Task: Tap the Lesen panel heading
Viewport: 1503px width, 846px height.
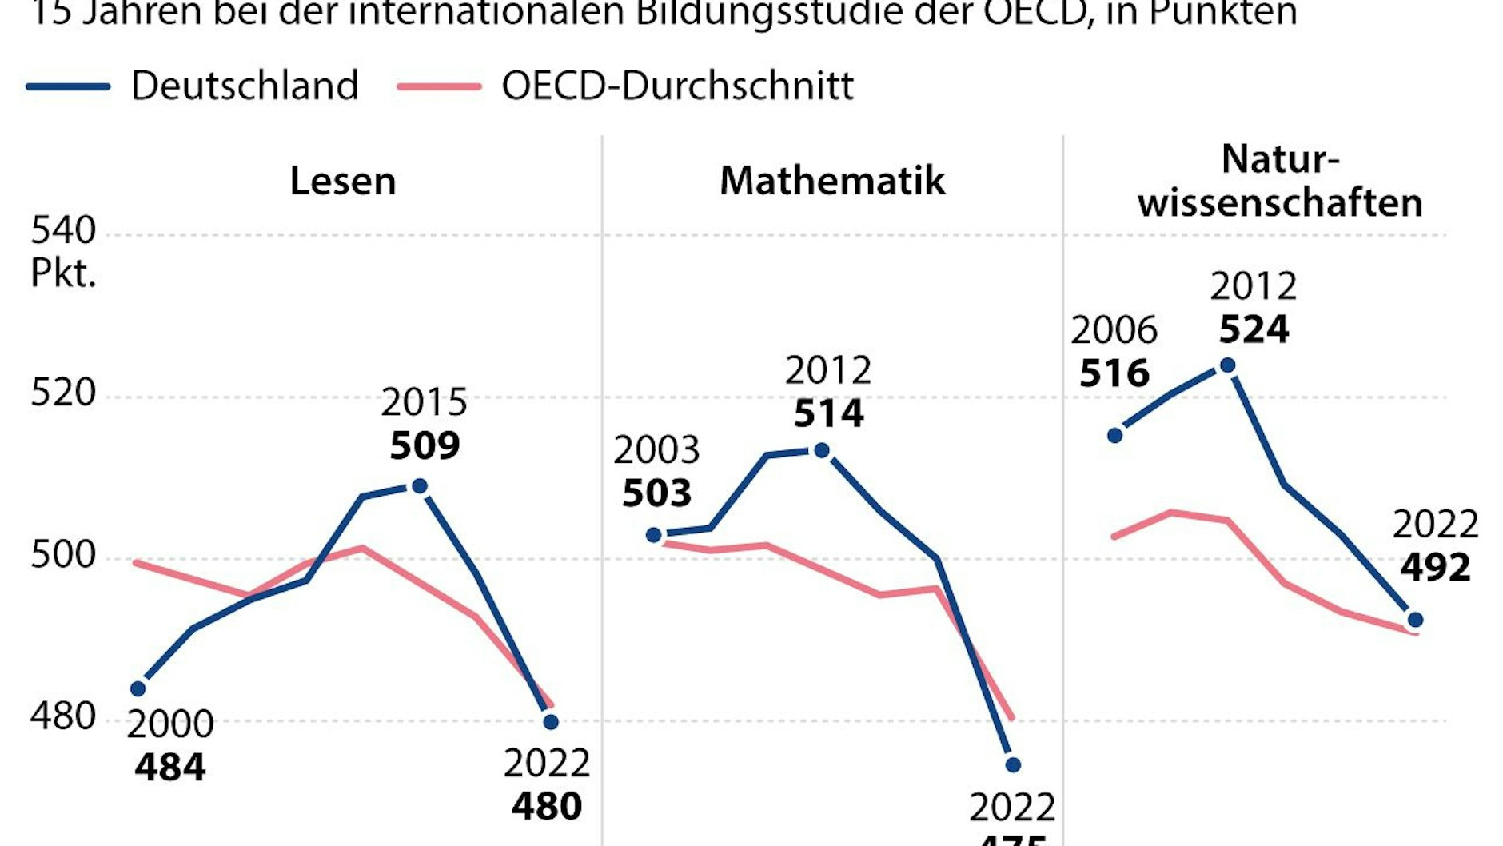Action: click(x=342, y=181)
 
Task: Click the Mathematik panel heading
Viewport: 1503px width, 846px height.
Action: click(x=832, y=181)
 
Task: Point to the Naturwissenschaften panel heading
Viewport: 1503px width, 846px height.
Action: click(x=1280, y=182)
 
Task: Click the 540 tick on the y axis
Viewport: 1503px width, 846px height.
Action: click(x=63, y=231)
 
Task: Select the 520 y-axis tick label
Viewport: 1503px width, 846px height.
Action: click(x=63, y=393)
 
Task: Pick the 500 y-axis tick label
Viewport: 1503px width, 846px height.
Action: click(x=63, y=554)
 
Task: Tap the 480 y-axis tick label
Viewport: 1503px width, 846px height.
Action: click(x=63, y=716)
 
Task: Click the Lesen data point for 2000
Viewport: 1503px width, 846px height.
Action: click(x=138, y=688)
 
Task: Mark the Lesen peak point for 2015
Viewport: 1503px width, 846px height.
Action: click(x=419, y=486)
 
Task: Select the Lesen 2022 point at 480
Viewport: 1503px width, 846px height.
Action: click(x=551, y=722)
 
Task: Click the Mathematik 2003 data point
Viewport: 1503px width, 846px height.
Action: click(x=654, y=535)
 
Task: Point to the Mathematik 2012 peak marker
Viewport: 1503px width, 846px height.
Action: click(x=821, y=451)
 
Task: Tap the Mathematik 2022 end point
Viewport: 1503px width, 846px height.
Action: click(x=1013, y=765)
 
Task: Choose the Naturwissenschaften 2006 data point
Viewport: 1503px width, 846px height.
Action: click(x=1115, y=436)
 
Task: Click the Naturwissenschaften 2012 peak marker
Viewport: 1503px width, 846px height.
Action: click(x=1228, y=365)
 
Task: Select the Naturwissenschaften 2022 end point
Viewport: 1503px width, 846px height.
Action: click(x=1415, y=620)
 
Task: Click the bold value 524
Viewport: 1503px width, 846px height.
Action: click(x=1254, y=329)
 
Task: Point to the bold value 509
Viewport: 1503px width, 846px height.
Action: click(x=425, y=445)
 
